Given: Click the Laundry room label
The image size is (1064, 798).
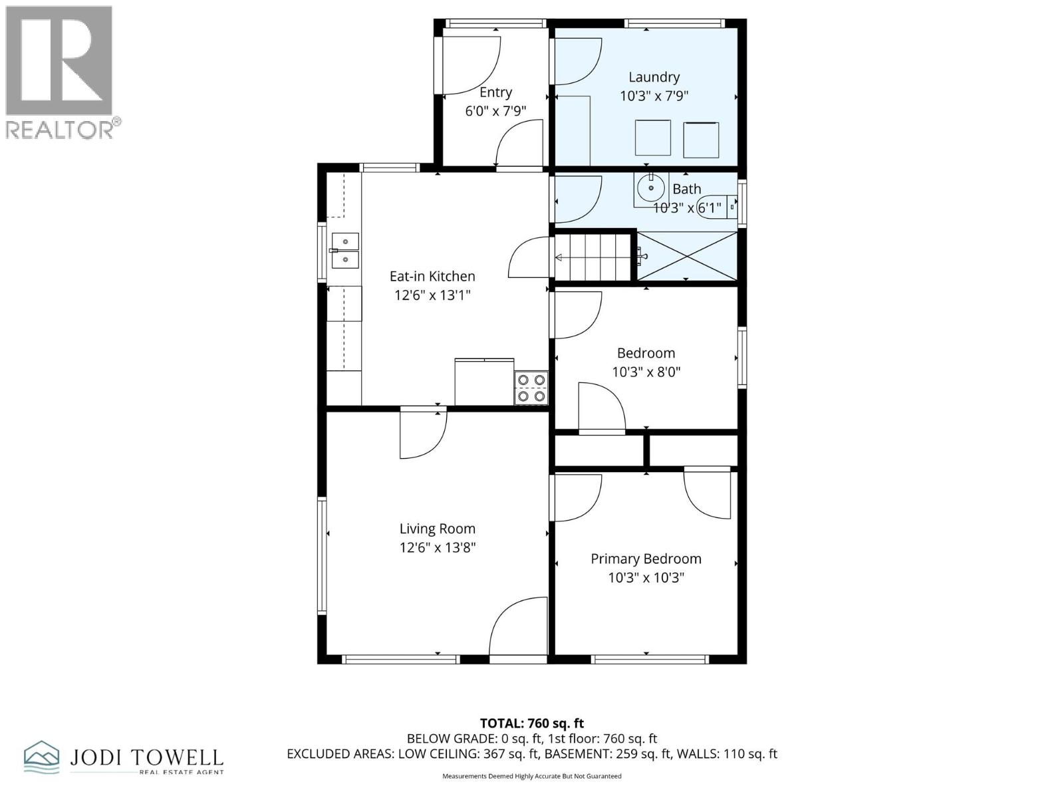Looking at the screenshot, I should pyautogui.click(x=654, y=77).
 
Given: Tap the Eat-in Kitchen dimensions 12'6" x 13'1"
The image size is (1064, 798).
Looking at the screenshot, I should pyautogui.click(x=432, y=295).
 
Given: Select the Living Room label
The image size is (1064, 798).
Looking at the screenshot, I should pyautogui.click(x=437, y=529).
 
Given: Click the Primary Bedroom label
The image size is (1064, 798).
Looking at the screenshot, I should pyautogui.click(x=646, y=559).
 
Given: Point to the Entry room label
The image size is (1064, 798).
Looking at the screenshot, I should pyautogui.click(x=495, y=92).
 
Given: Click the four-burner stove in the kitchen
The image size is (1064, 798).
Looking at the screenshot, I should pyautogui.click(x=531, y=388).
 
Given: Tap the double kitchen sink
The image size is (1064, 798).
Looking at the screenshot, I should pyautogui.click(x=345, y=250).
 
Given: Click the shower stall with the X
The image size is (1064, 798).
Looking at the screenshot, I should pyautogui.click(x=688, y=256).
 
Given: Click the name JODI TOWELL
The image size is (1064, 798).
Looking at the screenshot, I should pyautogui.click(x=146, y=757).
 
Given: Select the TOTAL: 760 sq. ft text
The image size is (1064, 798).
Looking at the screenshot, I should pyautogui.click(x=532, y=723).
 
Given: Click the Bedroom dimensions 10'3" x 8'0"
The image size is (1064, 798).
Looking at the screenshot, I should pyautogui.click(x=646, y=372).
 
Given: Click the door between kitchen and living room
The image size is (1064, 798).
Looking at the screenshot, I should pyautogui.click(x=422, y=434).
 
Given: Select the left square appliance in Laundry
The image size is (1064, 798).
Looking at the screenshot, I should pyautogui.click(x=652, y=137).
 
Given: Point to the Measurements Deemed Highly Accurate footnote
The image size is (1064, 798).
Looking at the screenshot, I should pyautogui.click(x=532, y=776).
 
